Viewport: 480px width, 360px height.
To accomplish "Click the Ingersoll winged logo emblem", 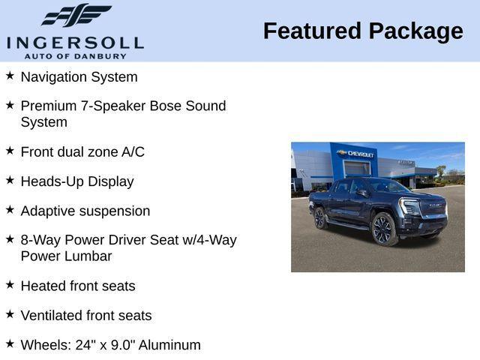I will pos(76,15).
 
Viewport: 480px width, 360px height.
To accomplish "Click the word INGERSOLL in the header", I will pos(75,42).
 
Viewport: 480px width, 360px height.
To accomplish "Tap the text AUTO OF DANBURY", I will pos(75,56).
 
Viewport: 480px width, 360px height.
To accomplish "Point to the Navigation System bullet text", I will pos(79,77).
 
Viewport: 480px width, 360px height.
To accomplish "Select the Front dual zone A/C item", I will pos(82,151).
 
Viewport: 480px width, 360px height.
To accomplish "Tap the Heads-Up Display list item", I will pos(77,181).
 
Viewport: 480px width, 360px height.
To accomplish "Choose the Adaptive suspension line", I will pos(85,211).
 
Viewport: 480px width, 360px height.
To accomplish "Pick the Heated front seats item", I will pos(78,286).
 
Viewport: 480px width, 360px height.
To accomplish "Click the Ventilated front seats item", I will pos(85,316).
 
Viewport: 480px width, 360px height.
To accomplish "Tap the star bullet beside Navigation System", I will pos(10,76).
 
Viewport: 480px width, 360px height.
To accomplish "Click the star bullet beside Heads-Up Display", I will pos(10,180).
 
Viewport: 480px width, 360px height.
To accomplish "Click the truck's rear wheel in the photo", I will pos(320,217).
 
